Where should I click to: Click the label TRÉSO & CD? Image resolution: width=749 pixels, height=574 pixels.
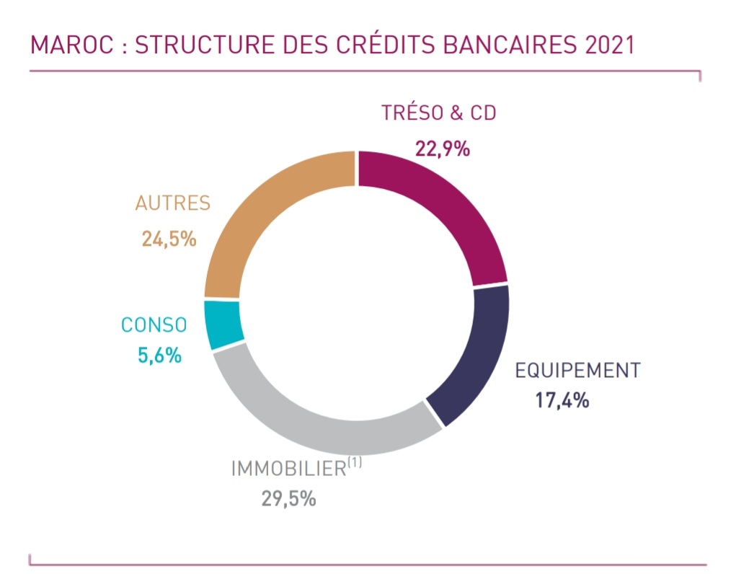click(x=439, y=113)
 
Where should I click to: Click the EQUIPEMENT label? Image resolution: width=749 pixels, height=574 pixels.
click(x=577, y=371)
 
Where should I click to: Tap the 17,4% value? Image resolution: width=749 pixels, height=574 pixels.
click(x=562, y=400)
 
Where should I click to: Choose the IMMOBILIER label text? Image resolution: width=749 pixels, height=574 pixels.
click(x=288, y=469)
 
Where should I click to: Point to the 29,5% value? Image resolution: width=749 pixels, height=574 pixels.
click(x=288, y=499)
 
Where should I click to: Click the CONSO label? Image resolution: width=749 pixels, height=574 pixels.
click(x=154, y=325)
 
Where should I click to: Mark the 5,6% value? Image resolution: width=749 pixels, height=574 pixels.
click(x=159, y=356)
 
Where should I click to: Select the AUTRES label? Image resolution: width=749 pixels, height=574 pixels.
click(x=173, y=203)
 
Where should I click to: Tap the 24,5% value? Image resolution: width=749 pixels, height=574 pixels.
click(x=169, y=239)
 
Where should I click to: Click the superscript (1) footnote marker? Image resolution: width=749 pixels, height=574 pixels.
click(x=355, y=462)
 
